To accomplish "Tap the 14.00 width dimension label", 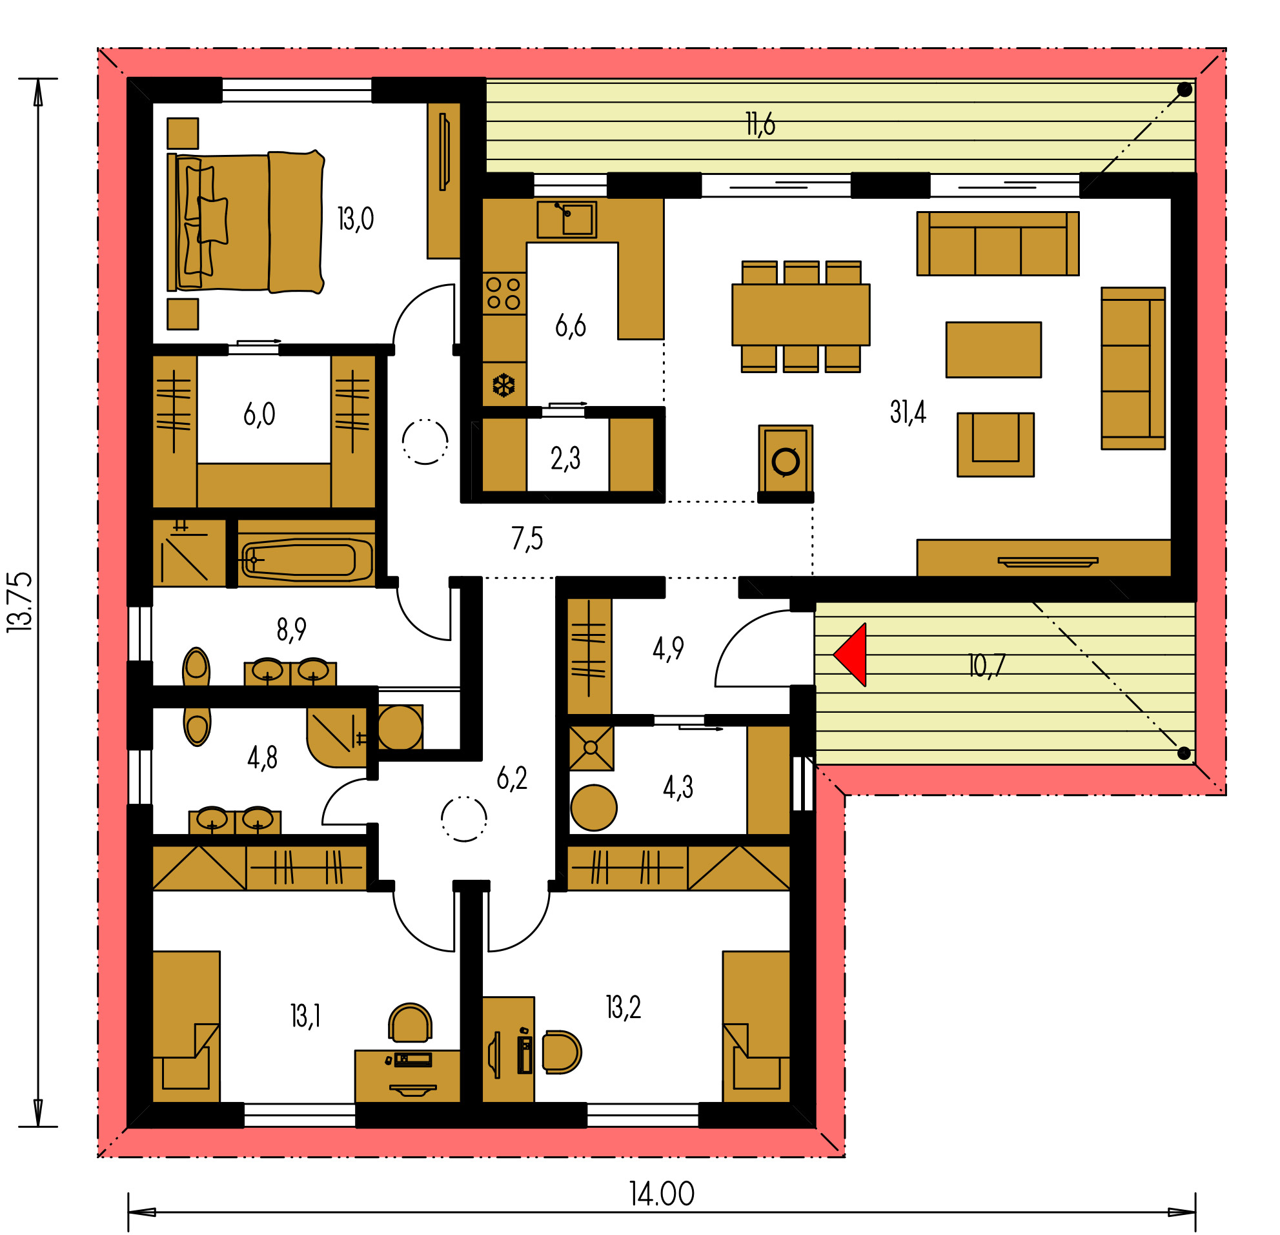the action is click(x=662, y=1194).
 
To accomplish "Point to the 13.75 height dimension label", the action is click(x=19, y=602).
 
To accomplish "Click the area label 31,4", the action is click(x=908, y=412).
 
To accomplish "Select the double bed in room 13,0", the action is click(x=246, y=222).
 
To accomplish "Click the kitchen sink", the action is click(x=566, y=219).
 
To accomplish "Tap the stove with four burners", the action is click(x=504, y=293).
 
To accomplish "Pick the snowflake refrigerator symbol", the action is click(x=503, y=385).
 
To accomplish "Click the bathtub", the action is click(x=305, y=560).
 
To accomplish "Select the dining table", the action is click(x=800, y=315).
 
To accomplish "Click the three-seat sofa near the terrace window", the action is click(x=998, y=243).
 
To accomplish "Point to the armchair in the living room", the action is click(x=995, y=445).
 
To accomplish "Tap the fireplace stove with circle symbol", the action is click(x=786, y=460).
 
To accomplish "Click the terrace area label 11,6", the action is click(x=760, y=124).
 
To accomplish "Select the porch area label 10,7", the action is click(x=986, y=666).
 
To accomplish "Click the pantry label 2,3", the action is click(x=565, y=458).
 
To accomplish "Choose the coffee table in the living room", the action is click(x=993, y=349).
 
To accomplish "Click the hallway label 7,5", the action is click(x=527, y=539).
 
